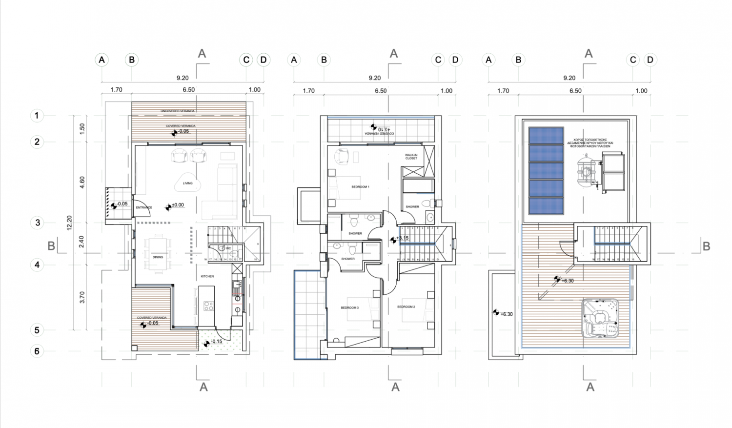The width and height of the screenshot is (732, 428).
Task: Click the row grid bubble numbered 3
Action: [37, 223]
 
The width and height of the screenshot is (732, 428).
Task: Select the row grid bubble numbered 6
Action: [37, 351]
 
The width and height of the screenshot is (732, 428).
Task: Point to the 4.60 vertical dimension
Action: [82, 182]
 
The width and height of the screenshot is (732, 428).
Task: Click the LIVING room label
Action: [187, 183]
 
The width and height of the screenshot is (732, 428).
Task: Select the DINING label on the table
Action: [158, 257]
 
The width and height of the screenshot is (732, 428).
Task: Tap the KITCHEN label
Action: [207, 276]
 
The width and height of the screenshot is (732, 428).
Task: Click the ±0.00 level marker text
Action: [178, 205]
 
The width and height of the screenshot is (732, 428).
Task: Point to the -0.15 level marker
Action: [216, 342]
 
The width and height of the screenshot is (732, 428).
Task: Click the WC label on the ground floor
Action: [228, 248]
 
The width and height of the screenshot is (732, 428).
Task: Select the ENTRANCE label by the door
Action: [144, 207]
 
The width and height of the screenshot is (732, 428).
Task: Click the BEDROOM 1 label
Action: [360, 187]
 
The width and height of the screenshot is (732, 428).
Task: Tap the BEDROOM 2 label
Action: [406, 307]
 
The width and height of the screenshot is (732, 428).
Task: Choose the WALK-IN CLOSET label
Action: [411, 157]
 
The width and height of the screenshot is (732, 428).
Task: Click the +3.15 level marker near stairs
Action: [402, 238]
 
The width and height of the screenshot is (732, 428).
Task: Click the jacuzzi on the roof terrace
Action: [600, 318]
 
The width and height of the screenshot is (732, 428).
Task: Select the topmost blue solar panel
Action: [546, 136]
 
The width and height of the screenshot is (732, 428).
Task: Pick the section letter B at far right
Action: [706, 246]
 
